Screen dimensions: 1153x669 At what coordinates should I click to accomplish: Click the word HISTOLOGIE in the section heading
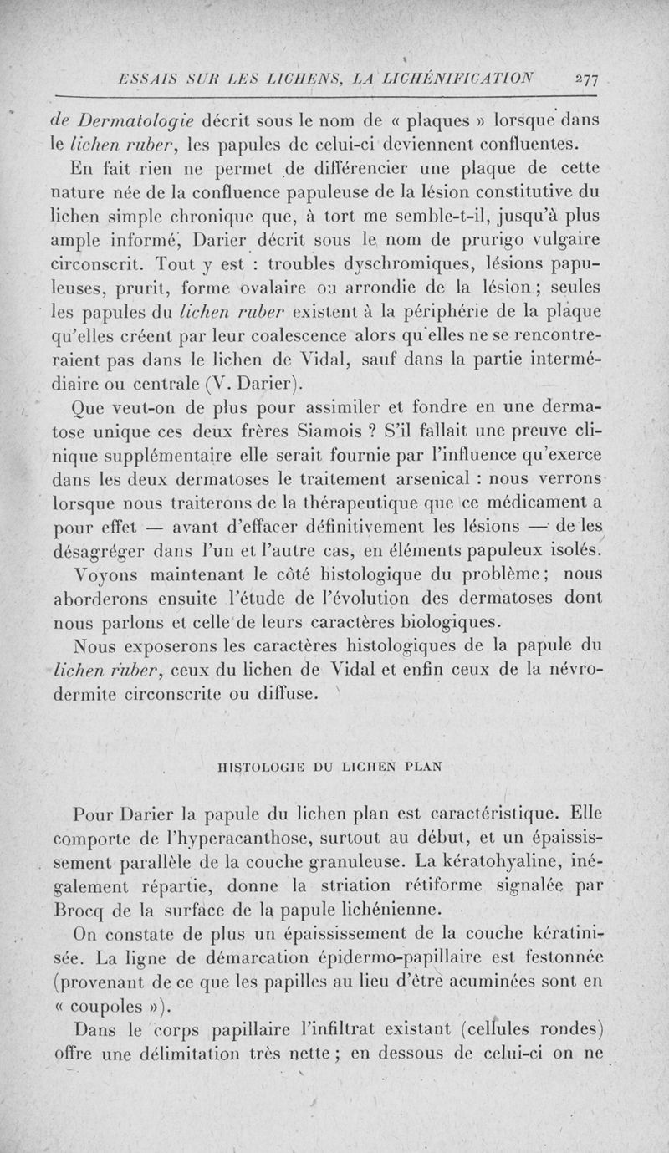(x=253, y=766)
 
